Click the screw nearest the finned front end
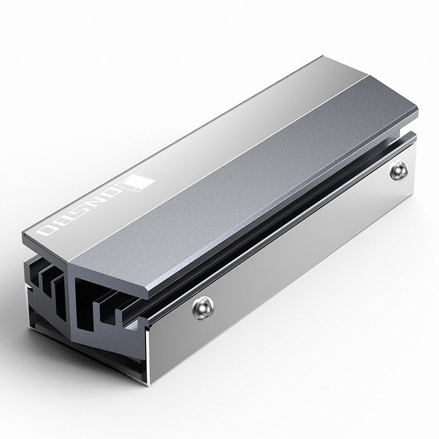click(203, 306)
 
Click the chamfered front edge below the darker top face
click(113, 276)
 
